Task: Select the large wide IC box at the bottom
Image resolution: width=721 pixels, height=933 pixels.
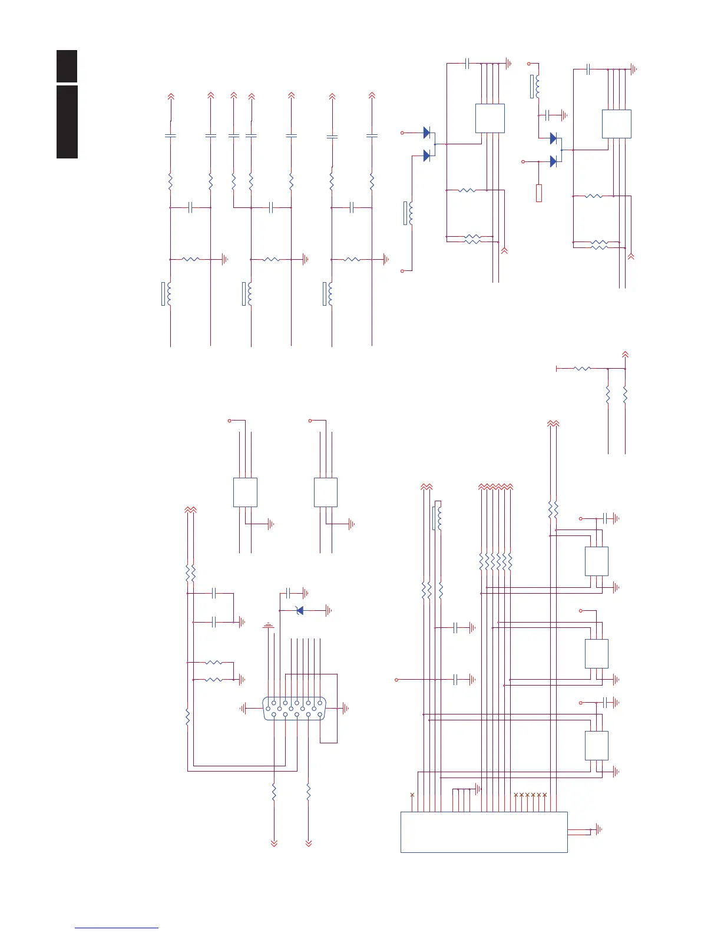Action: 484,832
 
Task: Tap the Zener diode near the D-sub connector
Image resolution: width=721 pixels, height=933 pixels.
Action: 300,611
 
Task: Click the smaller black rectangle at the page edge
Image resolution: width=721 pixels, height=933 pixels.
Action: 67,66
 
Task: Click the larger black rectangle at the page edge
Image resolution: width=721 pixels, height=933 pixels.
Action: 67,122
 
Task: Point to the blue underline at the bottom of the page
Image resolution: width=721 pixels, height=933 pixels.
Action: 117,928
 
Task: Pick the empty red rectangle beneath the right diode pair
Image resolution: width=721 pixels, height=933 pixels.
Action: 539,193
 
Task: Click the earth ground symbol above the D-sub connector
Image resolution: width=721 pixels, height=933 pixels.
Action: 269,625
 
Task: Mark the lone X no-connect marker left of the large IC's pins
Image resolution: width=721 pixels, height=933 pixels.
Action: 412,795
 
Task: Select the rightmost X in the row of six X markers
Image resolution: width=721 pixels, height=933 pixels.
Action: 545,795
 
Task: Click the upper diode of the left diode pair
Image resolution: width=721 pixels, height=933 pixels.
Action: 427,133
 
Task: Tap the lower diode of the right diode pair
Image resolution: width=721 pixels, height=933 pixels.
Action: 553,161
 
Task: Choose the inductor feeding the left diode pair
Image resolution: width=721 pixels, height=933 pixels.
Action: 408,213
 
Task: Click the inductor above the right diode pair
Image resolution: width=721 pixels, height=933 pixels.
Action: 535,87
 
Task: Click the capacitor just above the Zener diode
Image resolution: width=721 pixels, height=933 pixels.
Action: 289,592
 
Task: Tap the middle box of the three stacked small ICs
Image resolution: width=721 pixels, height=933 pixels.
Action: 596,653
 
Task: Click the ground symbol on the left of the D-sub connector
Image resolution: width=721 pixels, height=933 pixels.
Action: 243,709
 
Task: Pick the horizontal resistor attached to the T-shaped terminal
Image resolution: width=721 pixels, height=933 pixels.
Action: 582,369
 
